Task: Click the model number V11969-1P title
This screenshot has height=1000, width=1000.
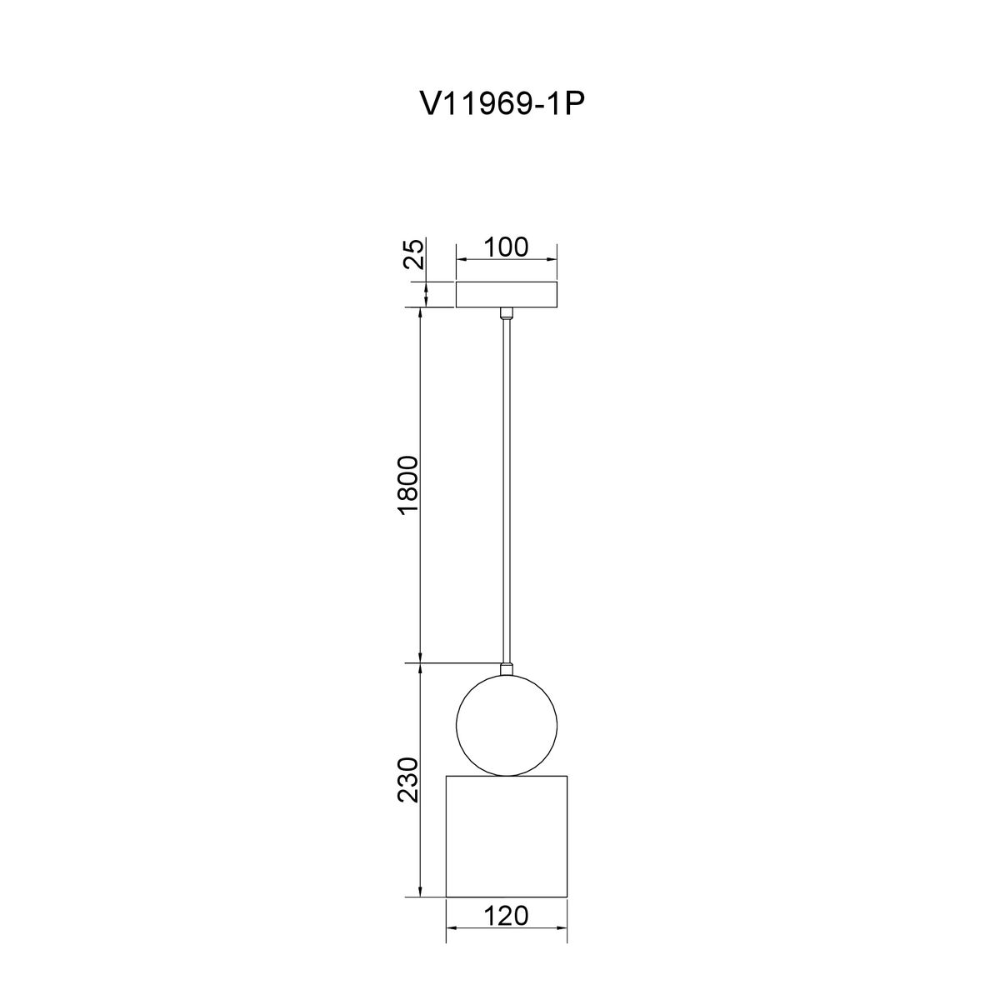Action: pos(502,105)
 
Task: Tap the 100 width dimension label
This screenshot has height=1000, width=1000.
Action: pos(506,247)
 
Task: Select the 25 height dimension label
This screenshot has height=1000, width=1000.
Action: pos(414,253)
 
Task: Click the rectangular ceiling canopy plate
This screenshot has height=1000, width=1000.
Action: pos(506,294)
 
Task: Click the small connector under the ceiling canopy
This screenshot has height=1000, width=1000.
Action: pos(506,313)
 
